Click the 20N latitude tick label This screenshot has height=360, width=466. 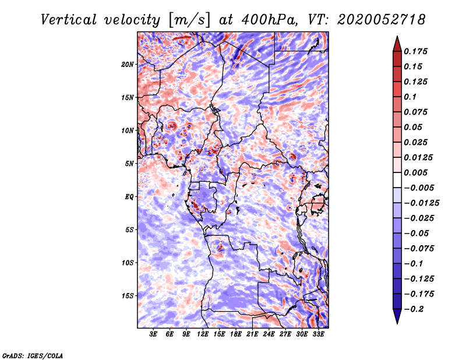[128, 65]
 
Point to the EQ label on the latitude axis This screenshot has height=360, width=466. [129, 197]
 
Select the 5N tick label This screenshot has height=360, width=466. [129, 164]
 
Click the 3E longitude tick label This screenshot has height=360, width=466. [153, 334]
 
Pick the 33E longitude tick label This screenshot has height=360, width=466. [318, 334]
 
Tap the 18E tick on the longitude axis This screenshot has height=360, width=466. [236, 334]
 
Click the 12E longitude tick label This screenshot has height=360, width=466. [203, 334]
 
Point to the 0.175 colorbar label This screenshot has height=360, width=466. [415, 51]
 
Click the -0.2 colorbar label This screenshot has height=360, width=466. [414, 309]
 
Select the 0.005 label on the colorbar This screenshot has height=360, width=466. [415, 172]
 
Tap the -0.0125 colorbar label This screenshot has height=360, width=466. [422, 203]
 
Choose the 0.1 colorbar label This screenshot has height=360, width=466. [410, 97]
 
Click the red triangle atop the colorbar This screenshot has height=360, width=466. [397, 44]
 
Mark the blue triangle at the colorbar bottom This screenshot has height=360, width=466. [397, 316]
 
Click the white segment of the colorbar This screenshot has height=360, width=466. [397, 180]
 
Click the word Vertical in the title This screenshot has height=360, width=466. [68, 20]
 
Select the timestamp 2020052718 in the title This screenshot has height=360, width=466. [382, 20]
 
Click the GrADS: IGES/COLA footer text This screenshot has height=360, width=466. [33, 355]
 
